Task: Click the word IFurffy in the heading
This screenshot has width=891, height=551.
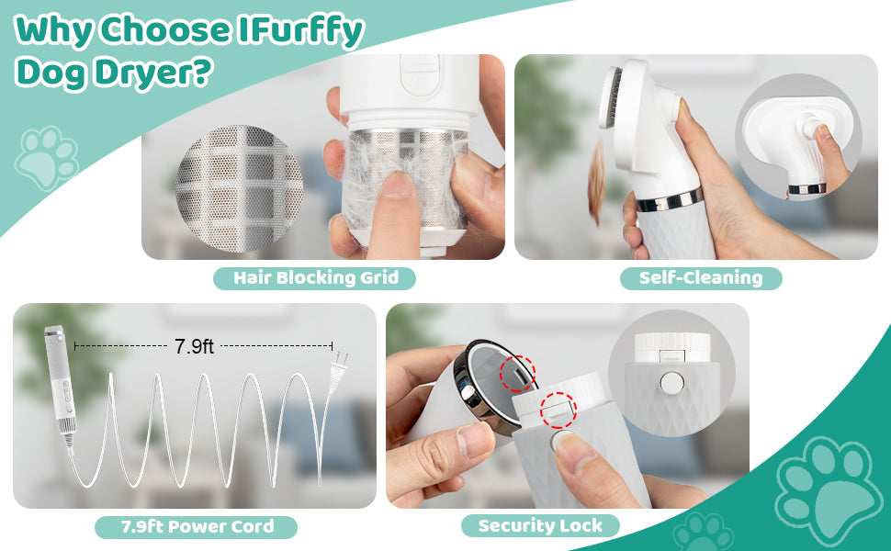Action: point(300,30)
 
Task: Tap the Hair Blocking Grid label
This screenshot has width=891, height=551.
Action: point(315,278)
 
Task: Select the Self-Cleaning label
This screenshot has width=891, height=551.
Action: point(701,278)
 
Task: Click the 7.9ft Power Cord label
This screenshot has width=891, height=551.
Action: point(196,527)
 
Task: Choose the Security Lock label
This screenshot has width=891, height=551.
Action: point(540,526)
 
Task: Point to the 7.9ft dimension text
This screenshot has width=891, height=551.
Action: point(194,346)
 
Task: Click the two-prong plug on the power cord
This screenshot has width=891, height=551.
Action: point(338,369)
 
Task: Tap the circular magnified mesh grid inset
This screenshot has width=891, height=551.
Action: point(239,188)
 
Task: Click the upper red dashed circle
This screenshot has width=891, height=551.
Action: point(517,374)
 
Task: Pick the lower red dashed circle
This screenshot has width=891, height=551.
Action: point(558,410)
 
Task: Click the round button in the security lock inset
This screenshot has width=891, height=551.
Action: point(671,383)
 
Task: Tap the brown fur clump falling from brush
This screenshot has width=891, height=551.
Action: point(596,182)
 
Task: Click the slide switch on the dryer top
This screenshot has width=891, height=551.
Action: point(420,74)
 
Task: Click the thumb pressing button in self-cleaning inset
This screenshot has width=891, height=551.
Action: point(830,153)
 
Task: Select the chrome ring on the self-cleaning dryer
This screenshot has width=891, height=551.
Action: point(670,201)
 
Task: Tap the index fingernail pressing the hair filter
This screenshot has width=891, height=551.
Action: point(397,185)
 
